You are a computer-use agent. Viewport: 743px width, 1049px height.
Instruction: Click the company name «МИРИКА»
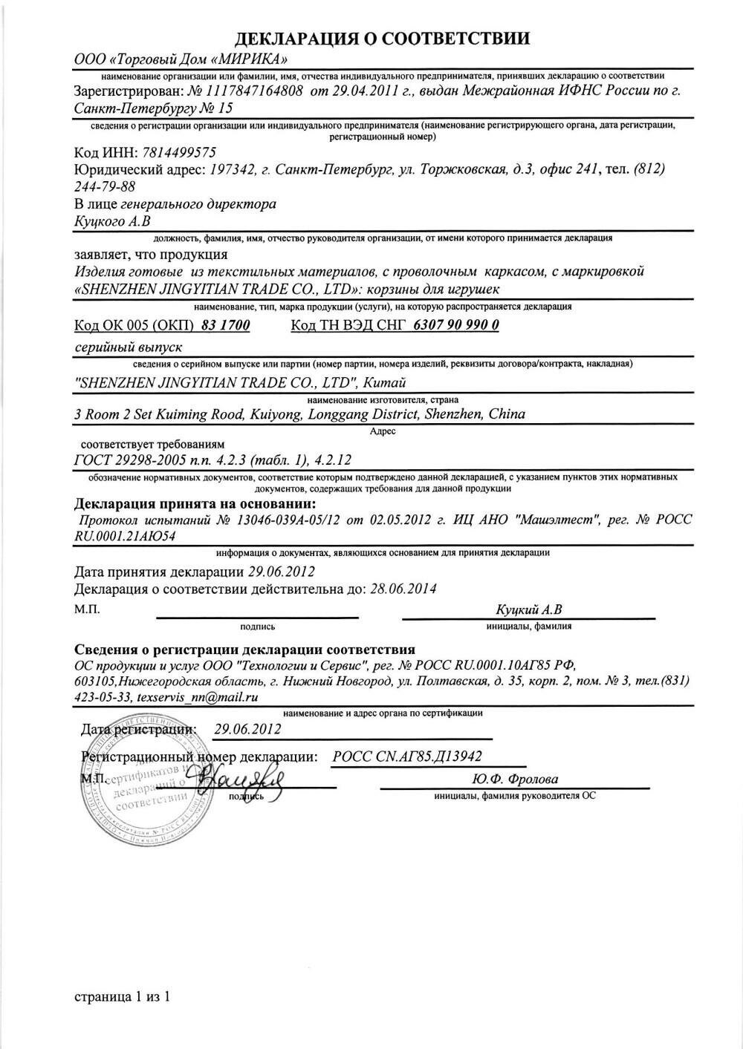(251, 59)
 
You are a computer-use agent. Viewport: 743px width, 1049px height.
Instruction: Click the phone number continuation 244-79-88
(105, 186)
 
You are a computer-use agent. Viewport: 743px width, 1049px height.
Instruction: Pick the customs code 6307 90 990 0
(455, 325)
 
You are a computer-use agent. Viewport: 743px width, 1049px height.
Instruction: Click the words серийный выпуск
(129, 347)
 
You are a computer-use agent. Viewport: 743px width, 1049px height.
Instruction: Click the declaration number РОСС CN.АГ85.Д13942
(407, 756)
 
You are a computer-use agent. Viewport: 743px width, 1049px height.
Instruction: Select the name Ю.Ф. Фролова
(514, 780)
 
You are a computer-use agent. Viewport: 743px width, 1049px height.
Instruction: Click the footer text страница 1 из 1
(123, 997)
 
